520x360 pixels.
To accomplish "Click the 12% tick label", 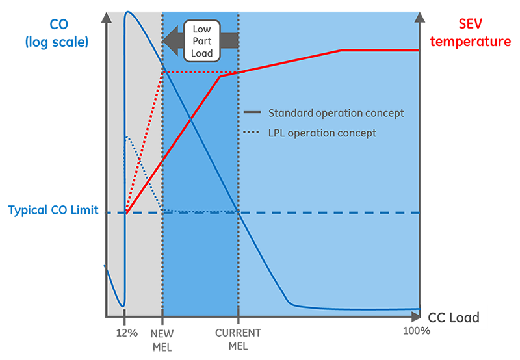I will (x=127, y=333).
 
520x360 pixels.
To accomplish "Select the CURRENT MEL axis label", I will (x=238, y=339).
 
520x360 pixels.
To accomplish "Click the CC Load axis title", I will (x=453, y=318).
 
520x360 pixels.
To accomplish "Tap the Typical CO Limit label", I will (x=53, y=211).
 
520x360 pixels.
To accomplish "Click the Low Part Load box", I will (x=202, y=40).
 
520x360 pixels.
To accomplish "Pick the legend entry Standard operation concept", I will (x=336, y=113).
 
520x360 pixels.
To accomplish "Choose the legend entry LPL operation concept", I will (x=322, y=133).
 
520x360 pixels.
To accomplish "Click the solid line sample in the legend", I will (x=252, y=113).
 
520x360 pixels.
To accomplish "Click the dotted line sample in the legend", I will (x=252, y=133).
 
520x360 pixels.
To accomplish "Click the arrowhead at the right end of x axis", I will (x=417, y=317).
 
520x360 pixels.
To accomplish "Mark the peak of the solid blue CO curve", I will (x=128, y=12).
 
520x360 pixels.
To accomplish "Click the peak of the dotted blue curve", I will (x=127, y=137).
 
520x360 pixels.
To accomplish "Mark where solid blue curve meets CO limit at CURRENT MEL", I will (x=239, y=212).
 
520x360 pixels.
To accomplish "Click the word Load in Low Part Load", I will (x=202, y=53).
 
